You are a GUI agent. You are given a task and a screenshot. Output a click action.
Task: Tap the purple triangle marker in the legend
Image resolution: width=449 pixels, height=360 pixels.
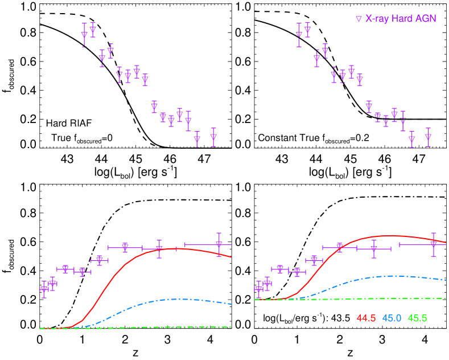(x=359, y=19)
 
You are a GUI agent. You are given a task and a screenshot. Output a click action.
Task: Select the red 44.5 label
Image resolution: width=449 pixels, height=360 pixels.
(x=366, y=318)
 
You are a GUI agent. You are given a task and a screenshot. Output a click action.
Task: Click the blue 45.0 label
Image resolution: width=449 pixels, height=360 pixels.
(x=392, y=318)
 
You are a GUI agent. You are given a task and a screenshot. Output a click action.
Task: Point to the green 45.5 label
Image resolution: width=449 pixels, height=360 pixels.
(x=417, y=318)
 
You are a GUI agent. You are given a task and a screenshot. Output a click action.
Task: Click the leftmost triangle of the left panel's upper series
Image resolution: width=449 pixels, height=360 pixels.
(x=84, y=35)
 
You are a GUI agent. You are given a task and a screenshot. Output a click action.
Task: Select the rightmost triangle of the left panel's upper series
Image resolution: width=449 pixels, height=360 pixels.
(x=213, y=137)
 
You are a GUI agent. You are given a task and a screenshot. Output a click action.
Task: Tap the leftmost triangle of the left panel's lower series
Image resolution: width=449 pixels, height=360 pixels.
(x=44, y=289)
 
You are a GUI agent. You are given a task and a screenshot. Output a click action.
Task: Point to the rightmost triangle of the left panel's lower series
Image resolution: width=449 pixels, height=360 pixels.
(x=219, y=244)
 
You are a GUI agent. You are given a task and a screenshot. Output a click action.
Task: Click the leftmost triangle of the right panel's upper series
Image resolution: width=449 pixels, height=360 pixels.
(x=299, y=34)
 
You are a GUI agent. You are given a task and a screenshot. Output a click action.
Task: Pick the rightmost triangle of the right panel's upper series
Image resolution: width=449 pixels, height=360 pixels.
(x=428, y=137)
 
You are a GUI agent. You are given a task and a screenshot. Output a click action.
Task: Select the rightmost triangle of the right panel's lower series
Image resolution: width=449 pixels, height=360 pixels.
(x=434, y=244)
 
